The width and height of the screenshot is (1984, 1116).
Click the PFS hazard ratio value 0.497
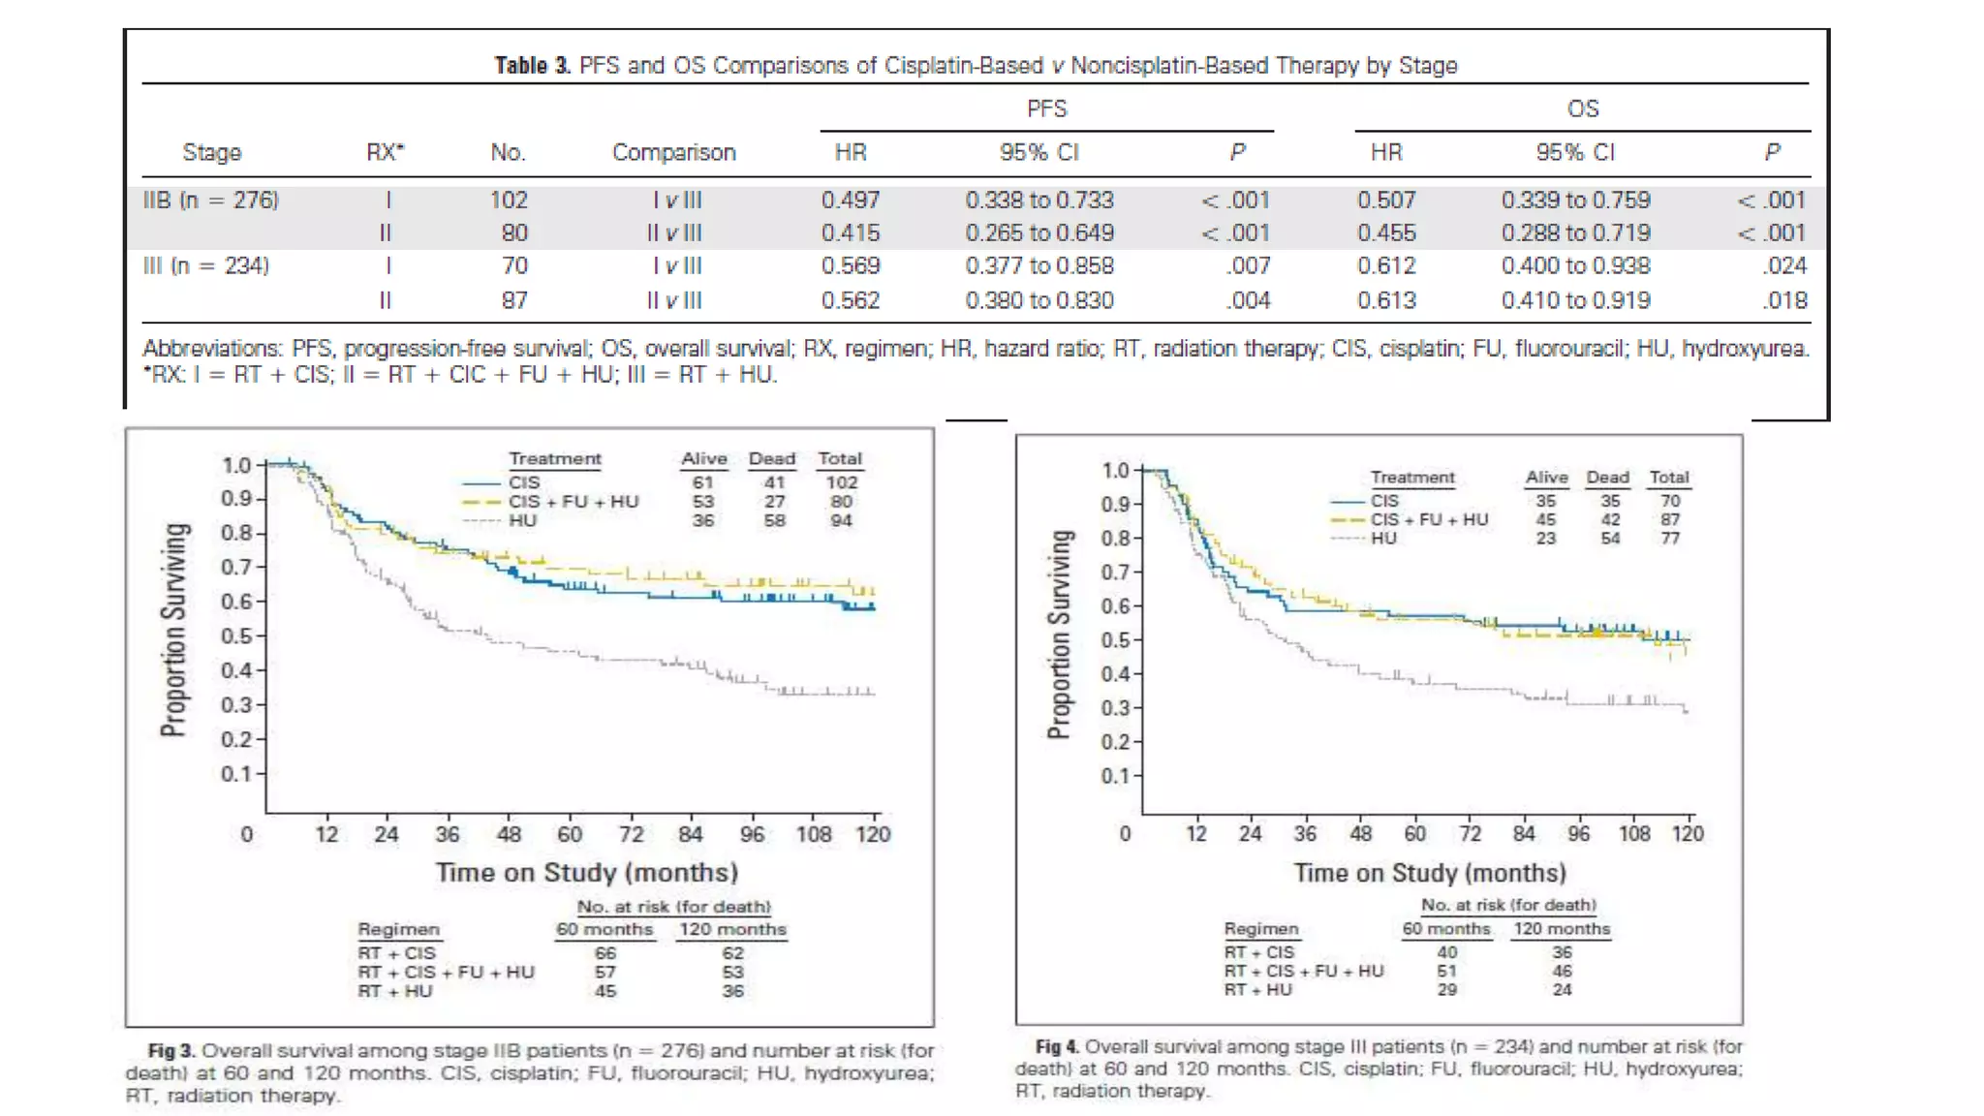[851, 201]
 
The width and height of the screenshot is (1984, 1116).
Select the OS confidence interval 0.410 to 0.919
[1575, 300]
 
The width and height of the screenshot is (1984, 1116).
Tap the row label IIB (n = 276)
[211, 201]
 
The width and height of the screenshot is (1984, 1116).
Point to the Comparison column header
[673, 152]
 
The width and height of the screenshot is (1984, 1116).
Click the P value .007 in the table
[1248, 265]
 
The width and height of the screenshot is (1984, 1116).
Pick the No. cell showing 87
[514, 300]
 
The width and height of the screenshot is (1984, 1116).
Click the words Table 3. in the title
[532, 66]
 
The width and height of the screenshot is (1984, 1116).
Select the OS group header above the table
[1582, 108]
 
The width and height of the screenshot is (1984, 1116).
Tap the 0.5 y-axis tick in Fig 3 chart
[236, 636]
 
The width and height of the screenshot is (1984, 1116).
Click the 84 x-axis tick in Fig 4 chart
[1524, 833]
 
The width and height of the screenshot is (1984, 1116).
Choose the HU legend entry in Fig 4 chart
[1383, 538]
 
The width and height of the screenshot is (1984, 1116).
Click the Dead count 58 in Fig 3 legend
[773, 521]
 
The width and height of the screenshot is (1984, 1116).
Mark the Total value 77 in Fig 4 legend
[1669, 538]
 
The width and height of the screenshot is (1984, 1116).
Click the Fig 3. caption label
[171, 1051]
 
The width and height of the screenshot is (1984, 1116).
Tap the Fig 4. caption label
[1057, 1047]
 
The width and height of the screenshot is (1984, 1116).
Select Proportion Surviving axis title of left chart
[174, 630]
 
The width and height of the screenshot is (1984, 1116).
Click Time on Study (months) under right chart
[1430, 873]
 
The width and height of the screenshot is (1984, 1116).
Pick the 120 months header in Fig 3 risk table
[732, 930]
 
